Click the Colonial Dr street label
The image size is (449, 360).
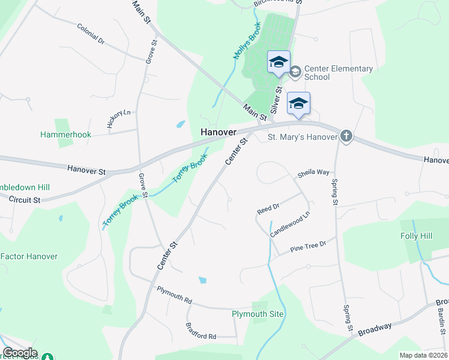[91, 34]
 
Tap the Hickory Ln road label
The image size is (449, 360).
[118, 119]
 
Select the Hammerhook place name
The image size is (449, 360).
[65, 134]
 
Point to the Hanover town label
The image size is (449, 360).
[218, 131]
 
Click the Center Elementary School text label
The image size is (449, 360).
[338, 73]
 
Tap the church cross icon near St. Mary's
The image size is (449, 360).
[346, 137]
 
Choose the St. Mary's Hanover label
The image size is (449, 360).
[302, 137]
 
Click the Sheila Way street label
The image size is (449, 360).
[313, 173]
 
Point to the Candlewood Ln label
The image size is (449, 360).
[289, 224]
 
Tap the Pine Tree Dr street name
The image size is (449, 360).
[307, 245]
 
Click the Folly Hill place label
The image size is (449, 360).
[416, 236]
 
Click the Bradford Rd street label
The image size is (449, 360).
[200, 336]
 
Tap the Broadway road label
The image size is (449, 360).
[375, 329]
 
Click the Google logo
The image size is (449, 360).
[20, 353]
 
